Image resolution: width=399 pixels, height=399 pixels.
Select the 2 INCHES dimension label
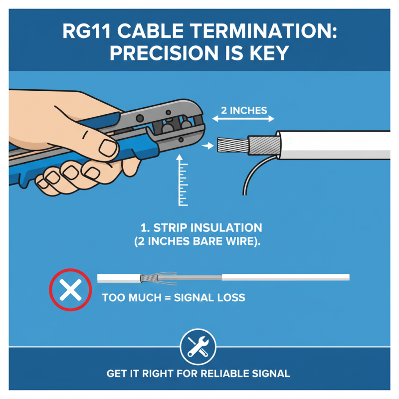tap(243, 110)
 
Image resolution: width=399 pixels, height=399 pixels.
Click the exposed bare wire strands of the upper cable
tap(231, 146)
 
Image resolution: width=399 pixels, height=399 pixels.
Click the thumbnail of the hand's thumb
tap(107, 146)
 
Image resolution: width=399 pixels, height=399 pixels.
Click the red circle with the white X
tap(70, 290)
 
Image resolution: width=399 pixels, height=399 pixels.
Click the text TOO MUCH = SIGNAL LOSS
tap(173, 298)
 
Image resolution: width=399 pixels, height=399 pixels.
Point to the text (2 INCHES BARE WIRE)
tap(198, 241)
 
